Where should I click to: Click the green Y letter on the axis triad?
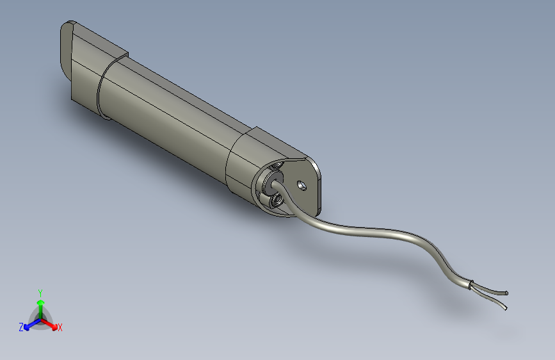point(40,291)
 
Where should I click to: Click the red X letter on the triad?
point(60,327)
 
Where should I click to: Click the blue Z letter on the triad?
point(21,327)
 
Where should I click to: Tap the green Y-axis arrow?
point(40,305)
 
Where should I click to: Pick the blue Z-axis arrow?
point(29,324)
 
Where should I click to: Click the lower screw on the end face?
point(277,201)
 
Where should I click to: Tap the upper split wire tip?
point(506,293)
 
